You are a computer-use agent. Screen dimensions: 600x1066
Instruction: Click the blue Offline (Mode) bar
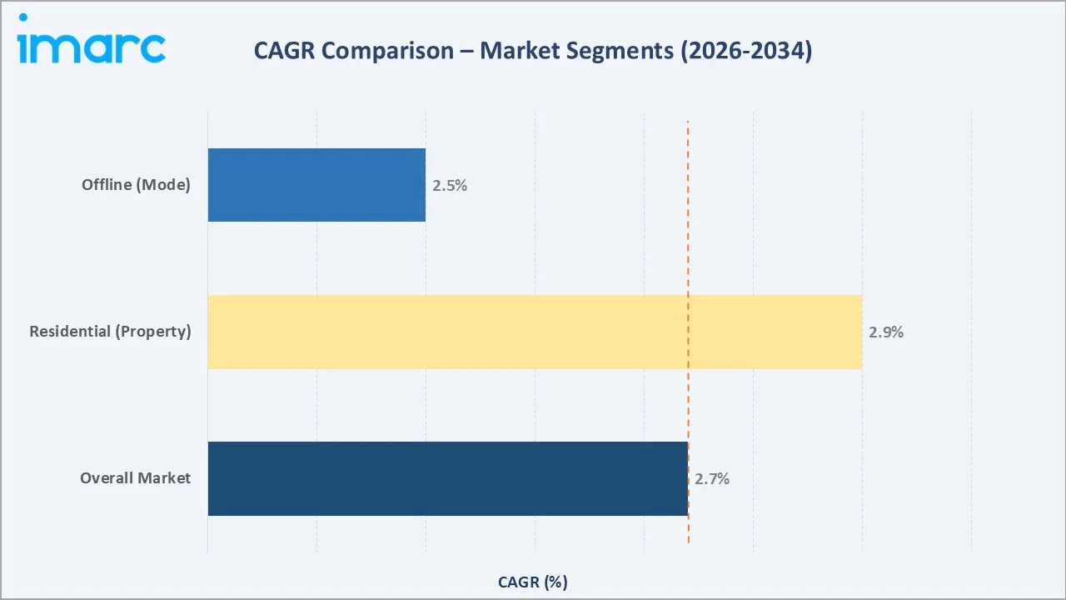point(316,185)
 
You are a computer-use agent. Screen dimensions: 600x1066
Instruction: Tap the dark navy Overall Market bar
point(447,478)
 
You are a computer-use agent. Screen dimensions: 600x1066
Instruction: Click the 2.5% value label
point(450,186)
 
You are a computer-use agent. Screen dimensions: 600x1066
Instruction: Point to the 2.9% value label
point(886,332)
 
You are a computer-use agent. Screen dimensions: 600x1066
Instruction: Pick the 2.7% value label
point(712,479)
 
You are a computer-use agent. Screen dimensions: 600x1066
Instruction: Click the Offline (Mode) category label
point(136,185)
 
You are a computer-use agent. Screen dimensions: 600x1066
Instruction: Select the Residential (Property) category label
point(110,332)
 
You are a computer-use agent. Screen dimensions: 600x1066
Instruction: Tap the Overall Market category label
point(135,478)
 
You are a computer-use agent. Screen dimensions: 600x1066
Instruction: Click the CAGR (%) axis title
point(533,582)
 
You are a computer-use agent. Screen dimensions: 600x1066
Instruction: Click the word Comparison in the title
point(388,52)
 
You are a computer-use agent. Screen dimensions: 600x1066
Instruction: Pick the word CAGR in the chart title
point(285,52)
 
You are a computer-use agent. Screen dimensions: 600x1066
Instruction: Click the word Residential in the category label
point(71,332)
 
